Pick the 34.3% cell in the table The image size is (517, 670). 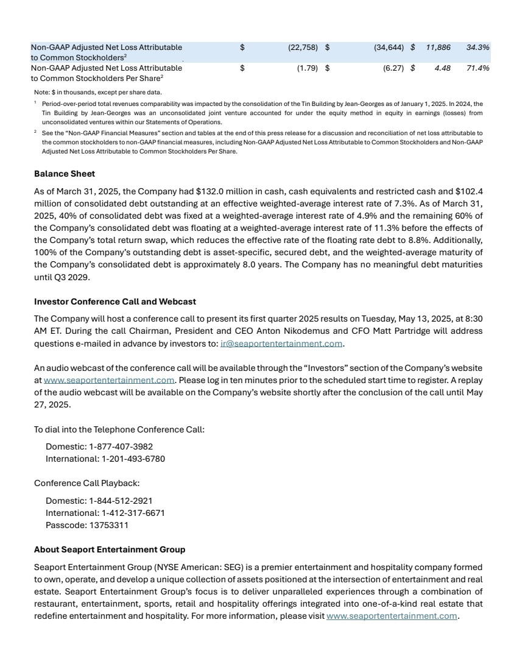coord(478,47)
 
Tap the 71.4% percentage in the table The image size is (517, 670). coord(478,68)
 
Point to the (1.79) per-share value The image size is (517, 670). coord(308,68)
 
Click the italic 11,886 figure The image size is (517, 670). coord(438,47)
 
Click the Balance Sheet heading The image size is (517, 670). coord(65,174)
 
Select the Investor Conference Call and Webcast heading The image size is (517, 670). coord(115,301)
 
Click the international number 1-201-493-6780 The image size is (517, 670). coord(133,458)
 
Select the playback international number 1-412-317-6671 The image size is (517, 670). coord(133,513)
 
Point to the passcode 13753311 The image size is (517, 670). coord(107,524)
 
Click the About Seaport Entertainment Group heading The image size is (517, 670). coord(110,549)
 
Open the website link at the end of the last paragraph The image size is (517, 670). coord(392,616)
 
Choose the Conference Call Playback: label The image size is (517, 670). coord(87,483)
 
